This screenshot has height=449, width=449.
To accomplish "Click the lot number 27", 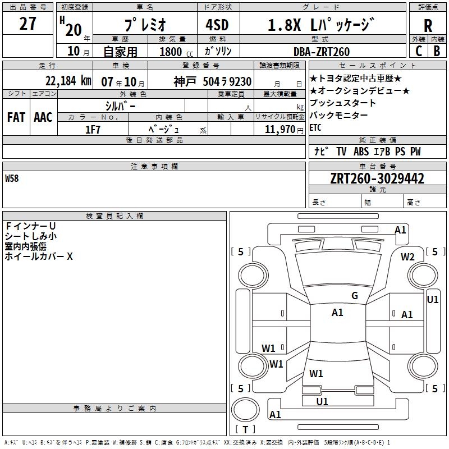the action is [28, 24].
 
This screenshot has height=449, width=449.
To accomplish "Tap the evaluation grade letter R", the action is [428, 25].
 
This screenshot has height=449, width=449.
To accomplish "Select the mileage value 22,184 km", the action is [68, 81].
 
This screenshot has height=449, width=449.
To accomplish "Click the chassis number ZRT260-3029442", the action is [377, 178].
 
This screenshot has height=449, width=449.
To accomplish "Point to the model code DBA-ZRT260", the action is [322, 52].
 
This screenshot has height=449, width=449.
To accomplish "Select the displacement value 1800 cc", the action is [175, 52].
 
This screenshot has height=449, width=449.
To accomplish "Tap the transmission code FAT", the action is [16, 117].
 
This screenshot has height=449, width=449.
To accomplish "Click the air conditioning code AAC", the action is [43, 117].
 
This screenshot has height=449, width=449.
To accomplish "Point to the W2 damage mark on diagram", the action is [407, 257].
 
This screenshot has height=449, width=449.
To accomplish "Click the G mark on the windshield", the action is [354, 296].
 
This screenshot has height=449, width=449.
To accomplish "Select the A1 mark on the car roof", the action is [337, 313].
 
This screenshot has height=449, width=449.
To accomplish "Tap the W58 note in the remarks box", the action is [12, 179].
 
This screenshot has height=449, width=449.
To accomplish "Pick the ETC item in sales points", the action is [316, 127].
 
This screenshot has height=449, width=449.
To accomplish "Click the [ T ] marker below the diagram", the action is [245, 430].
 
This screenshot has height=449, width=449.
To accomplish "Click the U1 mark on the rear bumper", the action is [322, 401].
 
